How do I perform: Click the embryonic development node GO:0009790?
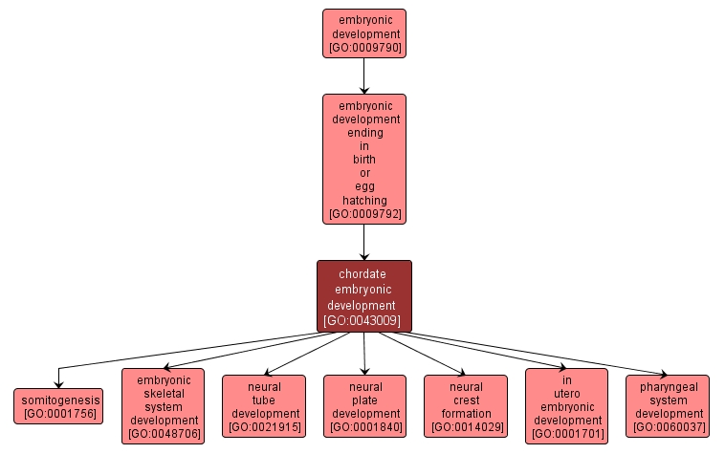(363, 33)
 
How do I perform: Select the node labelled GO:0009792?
(363, 159)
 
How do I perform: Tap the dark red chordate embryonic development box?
(363, 296)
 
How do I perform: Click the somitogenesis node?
(57, 406)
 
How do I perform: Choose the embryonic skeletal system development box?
(163, 406)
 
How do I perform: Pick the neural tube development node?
(264, 406)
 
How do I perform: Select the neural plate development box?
(365, 406)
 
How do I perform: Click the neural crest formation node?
(466, 406)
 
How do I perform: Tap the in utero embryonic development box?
(566, 406)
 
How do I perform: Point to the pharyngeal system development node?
(669, 406)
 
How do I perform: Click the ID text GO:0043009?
(363, 321)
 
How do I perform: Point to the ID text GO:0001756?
(57, 414)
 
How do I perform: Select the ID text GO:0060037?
(669, 427)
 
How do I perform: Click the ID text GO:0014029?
(466, 427)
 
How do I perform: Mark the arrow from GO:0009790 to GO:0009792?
(363, 76)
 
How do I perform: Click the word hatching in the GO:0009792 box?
(363, 201)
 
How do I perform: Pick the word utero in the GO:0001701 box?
(566, 393)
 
